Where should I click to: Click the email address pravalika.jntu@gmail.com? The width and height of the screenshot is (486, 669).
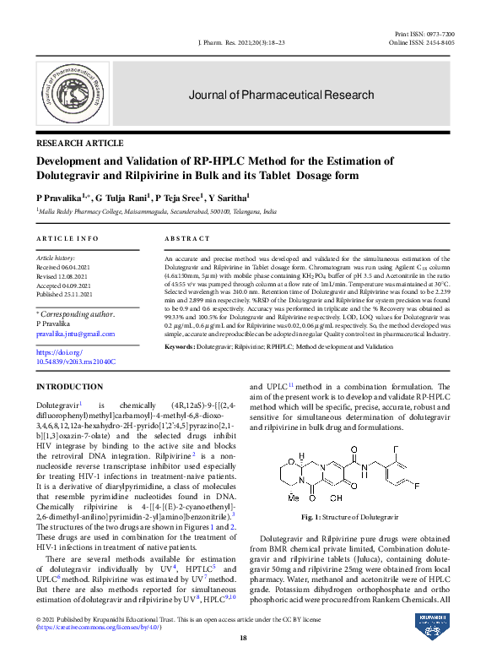point(74,334)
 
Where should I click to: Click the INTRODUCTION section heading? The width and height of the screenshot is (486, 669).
point(69,386)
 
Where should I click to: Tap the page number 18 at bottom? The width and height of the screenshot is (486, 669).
point(243,637)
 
